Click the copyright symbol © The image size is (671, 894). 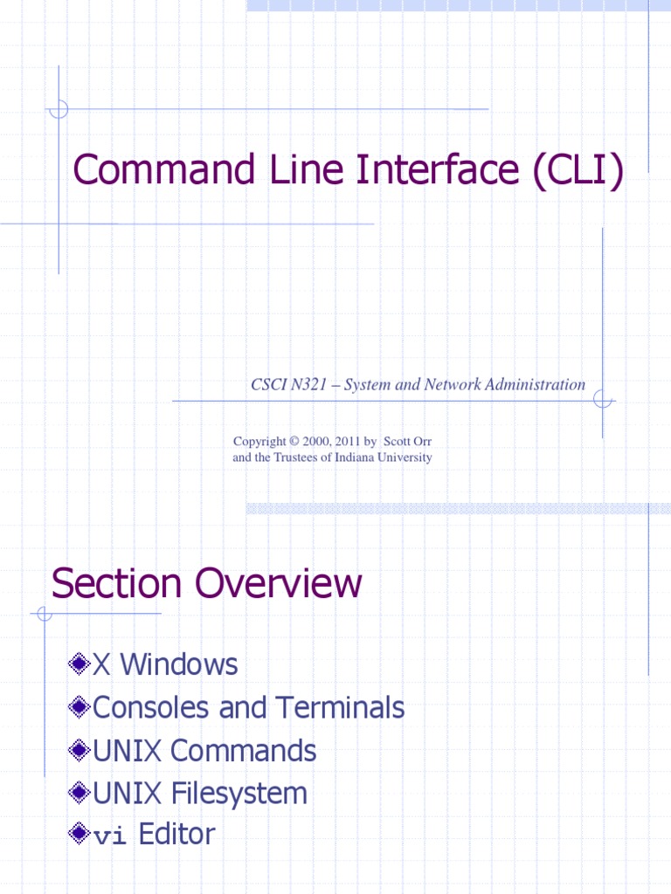pyautogui.click(x=294, y=442)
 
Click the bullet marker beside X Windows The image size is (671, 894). pyautogui.click(x=80, y=665)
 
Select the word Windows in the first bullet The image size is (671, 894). pyautogui.click(x=178, y=665)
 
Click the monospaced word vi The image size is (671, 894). pyautogui.click(x=110, y=836)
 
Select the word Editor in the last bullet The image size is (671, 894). pyautogui.click(x=176, y=835)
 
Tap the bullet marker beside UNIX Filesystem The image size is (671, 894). pyautogui.click(x=80, y=794)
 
